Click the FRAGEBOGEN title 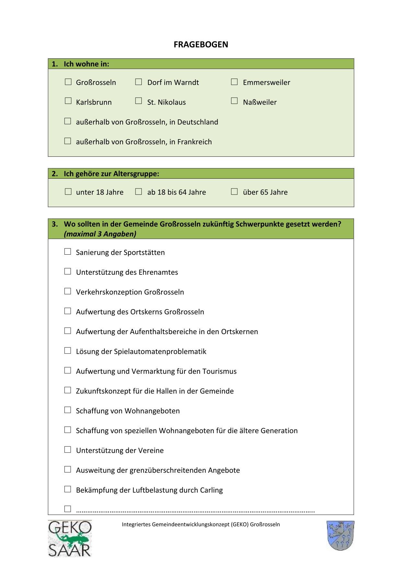201,44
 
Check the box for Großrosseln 68,82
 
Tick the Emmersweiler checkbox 234,82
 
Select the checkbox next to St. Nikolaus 138,101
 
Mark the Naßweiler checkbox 234,101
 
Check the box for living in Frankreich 67,141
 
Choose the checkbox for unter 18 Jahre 68,191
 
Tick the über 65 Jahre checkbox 234,191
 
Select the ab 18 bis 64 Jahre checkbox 138,191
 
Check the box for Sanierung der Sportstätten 67,251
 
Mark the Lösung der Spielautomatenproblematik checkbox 67,350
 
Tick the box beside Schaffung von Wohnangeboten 67,410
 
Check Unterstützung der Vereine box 67,449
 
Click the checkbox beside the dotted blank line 67,509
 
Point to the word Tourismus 219,371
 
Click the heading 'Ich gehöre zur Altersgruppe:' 111,174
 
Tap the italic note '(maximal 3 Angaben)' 100,234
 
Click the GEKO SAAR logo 70,539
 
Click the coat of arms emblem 340,536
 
